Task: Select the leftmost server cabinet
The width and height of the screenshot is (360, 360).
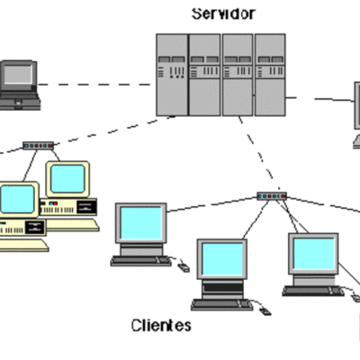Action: [x=170, y=75]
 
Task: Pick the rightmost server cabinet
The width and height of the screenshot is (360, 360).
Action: [x=269, y=75]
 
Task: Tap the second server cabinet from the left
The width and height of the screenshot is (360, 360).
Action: [x=203, y=75]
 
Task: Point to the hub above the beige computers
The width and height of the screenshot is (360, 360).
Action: [x=38, y=145]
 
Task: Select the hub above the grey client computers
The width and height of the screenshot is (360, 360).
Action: [x=270, y=195]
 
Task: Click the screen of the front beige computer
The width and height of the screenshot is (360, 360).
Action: [x=17, y=199]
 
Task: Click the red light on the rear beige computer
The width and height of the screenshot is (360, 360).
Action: [x=55, y=206]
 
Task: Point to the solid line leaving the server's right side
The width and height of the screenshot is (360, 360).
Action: [x=319, y=97]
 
